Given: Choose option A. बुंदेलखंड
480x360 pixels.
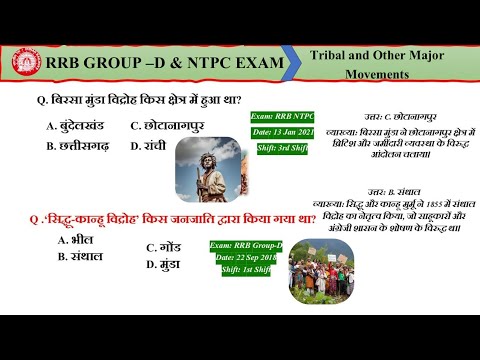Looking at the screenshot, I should [x=76, y=126].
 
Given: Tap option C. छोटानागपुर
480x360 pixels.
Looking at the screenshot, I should [x=176, y=126].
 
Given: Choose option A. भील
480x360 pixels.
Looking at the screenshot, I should [x=76, y=240].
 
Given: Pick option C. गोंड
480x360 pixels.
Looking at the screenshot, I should [x=164, y=247].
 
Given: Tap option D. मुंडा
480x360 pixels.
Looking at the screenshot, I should [x=164, y=265].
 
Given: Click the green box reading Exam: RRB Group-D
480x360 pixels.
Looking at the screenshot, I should [x=247, y=245].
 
